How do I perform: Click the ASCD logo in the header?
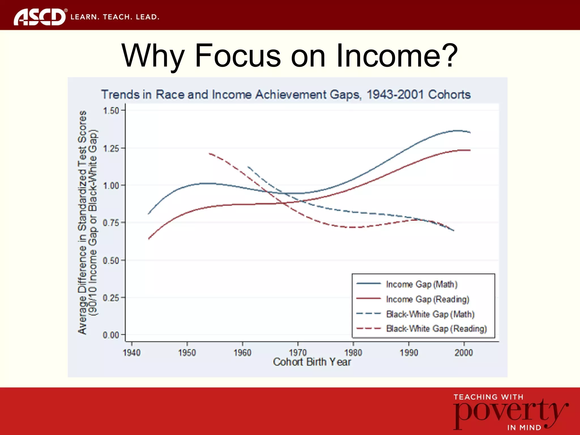coord(40,17)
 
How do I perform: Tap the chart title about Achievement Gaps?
coord(286,95)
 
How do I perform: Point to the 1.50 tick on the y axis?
coord(111,111)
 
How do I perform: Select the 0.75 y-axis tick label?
coord(111,223)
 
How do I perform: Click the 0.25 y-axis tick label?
coord(111,298)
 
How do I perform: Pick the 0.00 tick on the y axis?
coord(111,335)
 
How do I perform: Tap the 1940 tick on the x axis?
coord(132,353)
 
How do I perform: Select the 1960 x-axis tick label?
coord(242,353)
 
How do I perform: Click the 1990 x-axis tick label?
coord(409,353)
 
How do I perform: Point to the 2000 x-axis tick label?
coord(464,353)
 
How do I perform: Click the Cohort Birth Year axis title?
coord(312,362)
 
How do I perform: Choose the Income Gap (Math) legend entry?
coord(421,284)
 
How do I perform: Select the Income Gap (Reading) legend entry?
coord(427,299)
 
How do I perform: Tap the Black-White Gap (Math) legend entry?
coord(430,314)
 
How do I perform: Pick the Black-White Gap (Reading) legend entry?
coord(436,329)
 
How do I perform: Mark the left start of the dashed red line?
coord(210,153)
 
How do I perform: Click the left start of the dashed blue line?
coord(248,167)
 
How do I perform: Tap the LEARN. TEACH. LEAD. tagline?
coord(115,17)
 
